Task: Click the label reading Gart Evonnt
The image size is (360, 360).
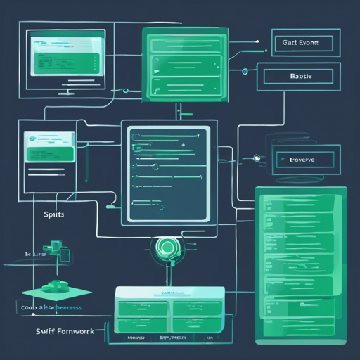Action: [300, 42]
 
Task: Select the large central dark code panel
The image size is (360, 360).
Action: [167, 173]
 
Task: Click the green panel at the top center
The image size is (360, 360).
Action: [180, 64]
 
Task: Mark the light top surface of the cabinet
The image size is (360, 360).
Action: [169, 292]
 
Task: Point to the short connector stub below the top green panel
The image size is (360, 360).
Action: [180, 110]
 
